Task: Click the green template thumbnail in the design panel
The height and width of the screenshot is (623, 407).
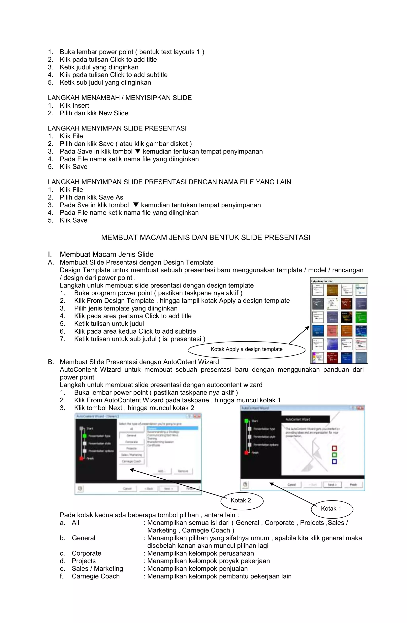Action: coord(361,317)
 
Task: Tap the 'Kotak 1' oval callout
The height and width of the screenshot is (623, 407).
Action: coord(331,508)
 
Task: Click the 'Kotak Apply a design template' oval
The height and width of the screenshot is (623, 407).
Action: coord(246,349)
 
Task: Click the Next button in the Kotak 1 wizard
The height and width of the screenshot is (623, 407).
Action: coord(332,485)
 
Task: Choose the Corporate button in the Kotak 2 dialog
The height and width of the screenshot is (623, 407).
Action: coord(132,442)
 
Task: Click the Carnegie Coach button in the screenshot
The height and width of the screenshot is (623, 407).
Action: coord(132,461)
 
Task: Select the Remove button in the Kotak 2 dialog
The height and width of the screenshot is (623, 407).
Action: coord(183,471)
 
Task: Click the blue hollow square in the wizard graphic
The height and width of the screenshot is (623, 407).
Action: coord(334,461)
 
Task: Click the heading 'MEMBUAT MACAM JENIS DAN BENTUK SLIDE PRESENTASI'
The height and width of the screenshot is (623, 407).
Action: coord(206,238)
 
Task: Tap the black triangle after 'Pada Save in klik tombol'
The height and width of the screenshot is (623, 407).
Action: coord(138,151)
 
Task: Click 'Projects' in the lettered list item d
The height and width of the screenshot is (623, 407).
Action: coord(84,561)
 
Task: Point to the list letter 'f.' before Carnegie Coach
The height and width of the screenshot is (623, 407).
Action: coord(62,576)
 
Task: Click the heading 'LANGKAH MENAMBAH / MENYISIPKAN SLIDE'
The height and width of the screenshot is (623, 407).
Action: coord(120,98)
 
